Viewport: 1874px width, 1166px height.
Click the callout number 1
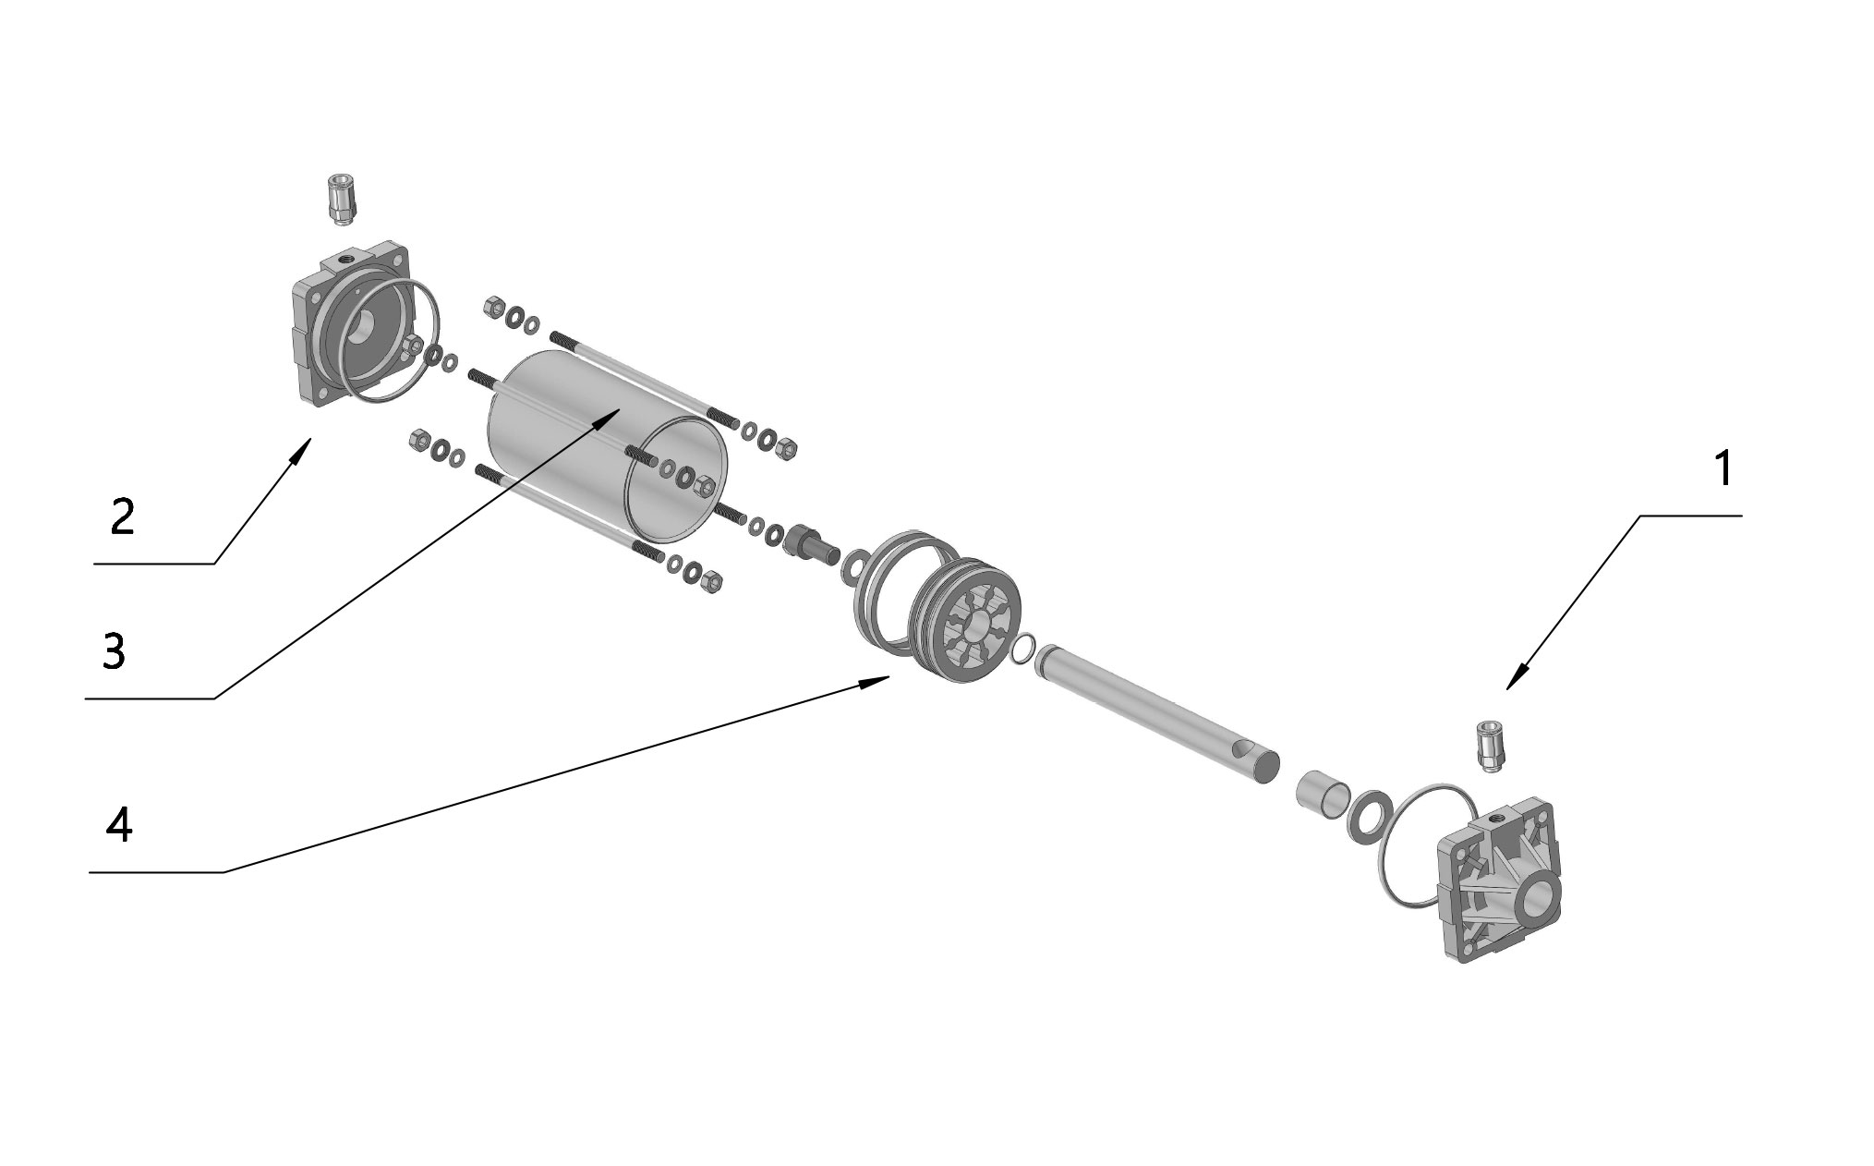coord(1721,469)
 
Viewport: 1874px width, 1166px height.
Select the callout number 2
coord(122,516)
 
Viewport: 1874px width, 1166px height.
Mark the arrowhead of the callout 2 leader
coord(302,451)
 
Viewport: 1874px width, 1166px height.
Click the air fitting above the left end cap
coord(341,200)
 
